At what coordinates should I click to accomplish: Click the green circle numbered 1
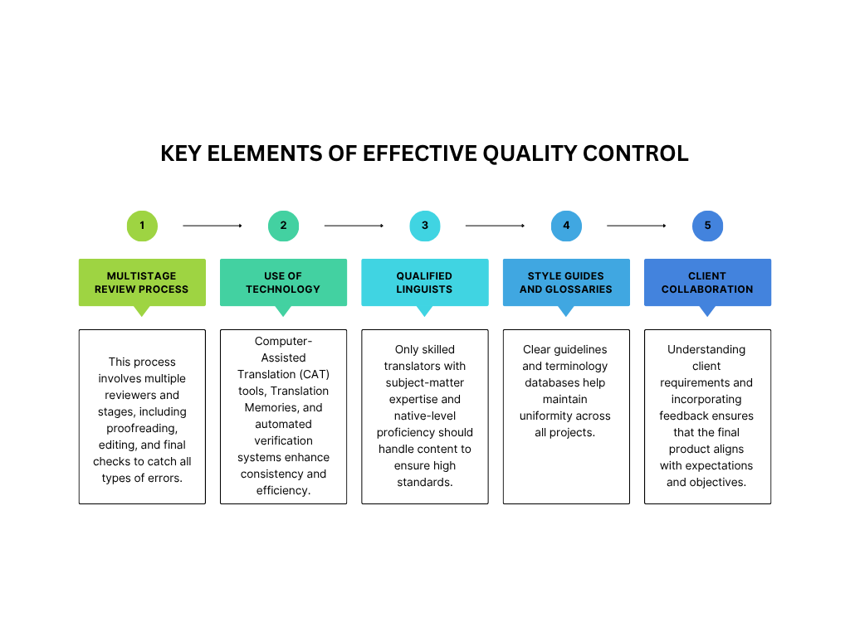click(x=142, y=226)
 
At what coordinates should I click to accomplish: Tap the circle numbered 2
click(x=283, y=226)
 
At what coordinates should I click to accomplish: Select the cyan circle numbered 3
click(x=425, y=226)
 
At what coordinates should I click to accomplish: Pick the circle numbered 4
click(x=566, y=226)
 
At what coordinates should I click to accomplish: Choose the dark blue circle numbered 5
click(x=707, y=226)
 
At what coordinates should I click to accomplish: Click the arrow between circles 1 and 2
click(x=212, y=226)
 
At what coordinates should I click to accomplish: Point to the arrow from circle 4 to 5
click(x=637, y=226)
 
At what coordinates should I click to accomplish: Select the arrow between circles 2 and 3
click(x=354, y=226)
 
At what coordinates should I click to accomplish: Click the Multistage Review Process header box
click(x=142, y=282)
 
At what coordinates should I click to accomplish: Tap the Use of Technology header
click(x=283, y=282)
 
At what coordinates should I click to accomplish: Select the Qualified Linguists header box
click(x=425, y=282)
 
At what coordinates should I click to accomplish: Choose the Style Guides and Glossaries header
click(x=566, y=282)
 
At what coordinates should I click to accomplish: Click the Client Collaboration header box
click(x=707, y=282)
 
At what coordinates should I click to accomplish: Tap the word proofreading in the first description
click(x=142, y=428)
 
